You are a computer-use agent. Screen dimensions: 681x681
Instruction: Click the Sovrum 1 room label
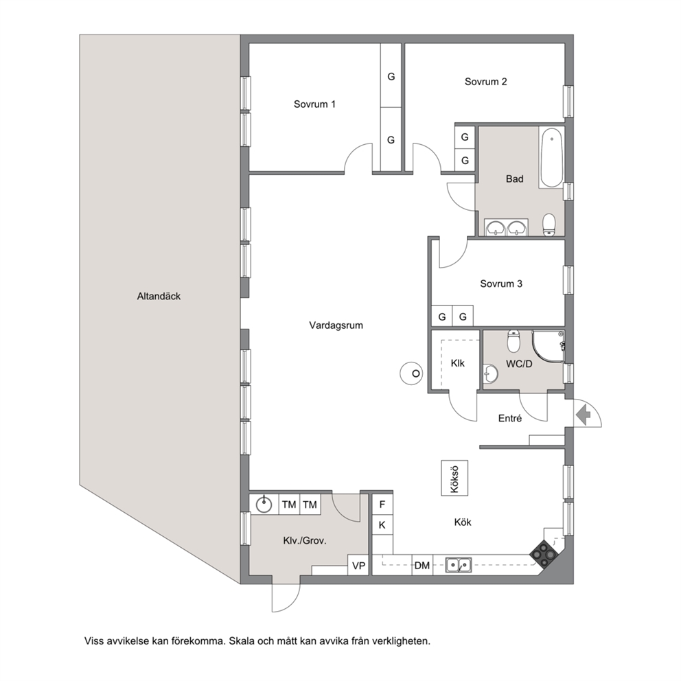point(314,104)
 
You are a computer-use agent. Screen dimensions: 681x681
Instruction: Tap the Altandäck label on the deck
point(159,296)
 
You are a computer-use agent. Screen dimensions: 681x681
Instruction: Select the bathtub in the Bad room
point(551,157)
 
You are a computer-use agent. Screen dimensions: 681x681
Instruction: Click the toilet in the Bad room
point(549,224)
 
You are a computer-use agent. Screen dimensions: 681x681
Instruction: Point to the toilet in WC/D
point(513,341)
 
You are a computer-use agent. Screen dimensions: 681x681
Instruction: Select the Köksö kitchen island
point(454,478)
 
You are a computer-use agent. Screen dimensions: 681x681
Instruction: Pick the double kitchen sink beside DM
point(459,565)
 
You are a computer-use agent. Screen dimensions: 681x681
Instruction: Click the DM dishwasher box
point(422,565)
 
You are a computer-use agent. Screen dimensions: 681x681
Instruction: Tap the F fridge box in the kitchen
point(382,505)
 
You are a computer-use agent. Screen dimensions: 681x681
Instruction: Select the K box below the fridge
point(382,525)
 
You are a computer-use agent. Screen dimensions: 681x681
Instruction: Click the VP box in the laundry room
point(358,566)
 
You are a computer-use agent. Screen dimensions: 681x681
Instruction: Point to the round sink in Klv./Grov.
point(264,505)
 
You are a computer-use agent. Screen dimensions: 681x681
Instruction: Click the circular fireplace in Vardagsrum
point(411,373)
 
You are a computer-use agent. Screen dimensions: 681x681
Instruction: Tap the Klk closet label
point(457,363)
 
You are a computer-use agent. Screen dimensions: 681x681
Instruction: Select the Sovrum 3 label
point(500,284)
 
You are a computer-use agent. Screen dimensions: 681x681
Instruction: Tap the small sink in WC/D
point(490,374)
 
